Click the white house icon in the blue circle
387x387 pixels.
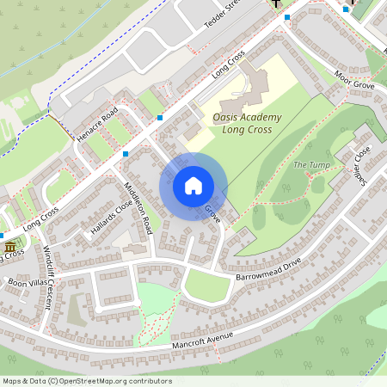tap(193, 185)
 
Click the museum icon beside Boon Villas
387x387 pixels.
tap(10, 248)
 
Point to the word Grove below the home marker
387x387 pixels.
tap(212, 214)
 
